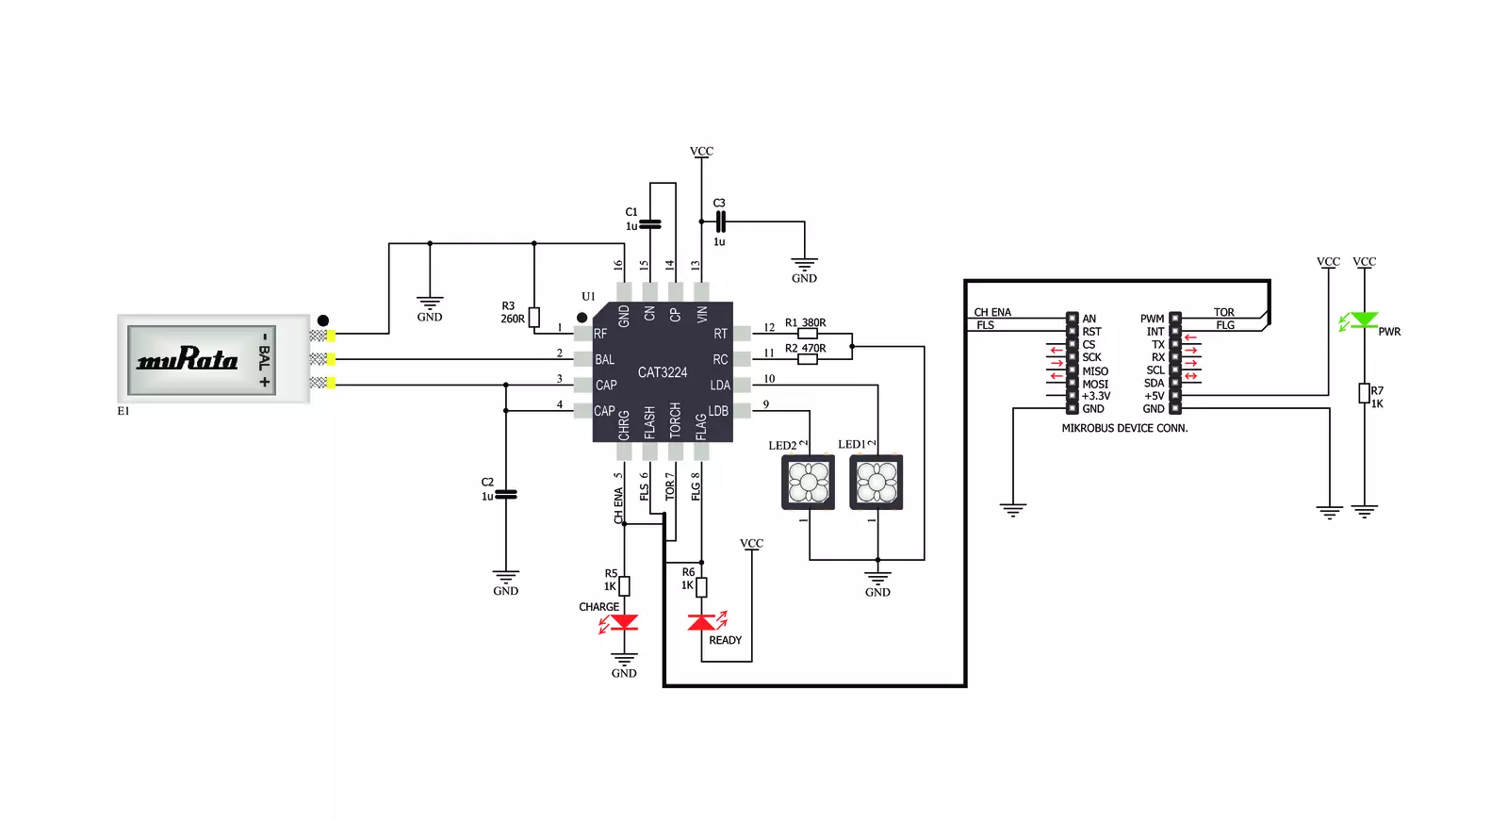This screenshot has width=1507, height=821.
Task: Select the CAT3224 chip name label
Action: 663,372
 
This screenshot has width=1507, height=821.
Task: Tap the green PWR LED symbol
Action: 1365,320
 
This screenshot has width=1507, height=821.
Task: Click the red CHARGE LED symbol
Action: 624,622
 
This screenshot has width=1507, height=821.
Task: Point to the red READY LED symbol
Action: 701,622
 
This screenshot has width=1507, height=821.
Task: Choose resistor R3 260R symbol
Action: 534,317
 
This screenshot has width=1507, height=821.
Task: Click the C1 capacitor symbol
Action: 650,224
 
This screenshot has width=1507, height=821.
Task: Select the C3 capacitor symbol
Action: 721,222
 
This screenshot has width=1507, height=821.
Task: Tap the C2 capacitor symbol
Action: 506,495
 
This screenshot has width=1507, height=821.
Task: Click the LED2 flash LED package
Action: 808,483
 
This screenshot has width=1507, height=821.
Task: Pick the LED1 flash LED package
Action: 876,483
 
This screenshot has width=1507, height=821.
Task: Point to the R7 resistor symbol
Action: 1365,393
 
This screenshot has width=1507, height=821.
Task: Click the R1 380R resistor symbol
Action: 808,334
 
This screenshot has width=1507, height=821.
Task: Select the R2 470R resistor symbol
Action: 808,359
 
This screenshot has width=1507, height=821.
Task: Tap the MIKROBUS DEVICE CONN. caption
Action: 1125,428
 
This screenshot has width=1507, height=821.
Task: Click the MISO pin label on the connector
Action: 1095,371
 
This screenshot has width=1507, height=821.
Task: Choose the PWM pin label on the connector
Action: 1152,319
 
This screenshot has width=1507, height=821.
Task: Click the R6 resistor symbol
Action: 702,587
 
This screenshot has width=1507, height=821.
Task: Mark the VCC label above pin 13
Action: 702,152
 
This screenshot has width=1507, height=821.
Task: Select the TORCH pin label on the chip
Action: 676,419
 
